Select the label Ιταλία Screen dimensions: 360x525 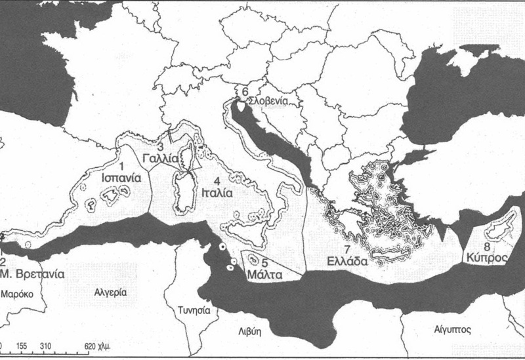pos(217,194)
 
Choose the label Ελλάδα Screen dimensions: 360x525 pos(349,260)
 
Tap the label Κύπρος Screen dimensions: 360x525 pos(486,258)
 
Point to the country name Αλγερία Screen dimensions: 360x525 pos(110,292)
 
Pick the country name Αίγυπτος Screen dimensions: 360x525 pos(448,325)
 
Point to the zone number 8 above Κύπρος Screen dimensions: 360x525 pos(486,247)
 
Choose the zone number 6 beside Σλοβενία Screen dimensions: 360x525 pos(244,92)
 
